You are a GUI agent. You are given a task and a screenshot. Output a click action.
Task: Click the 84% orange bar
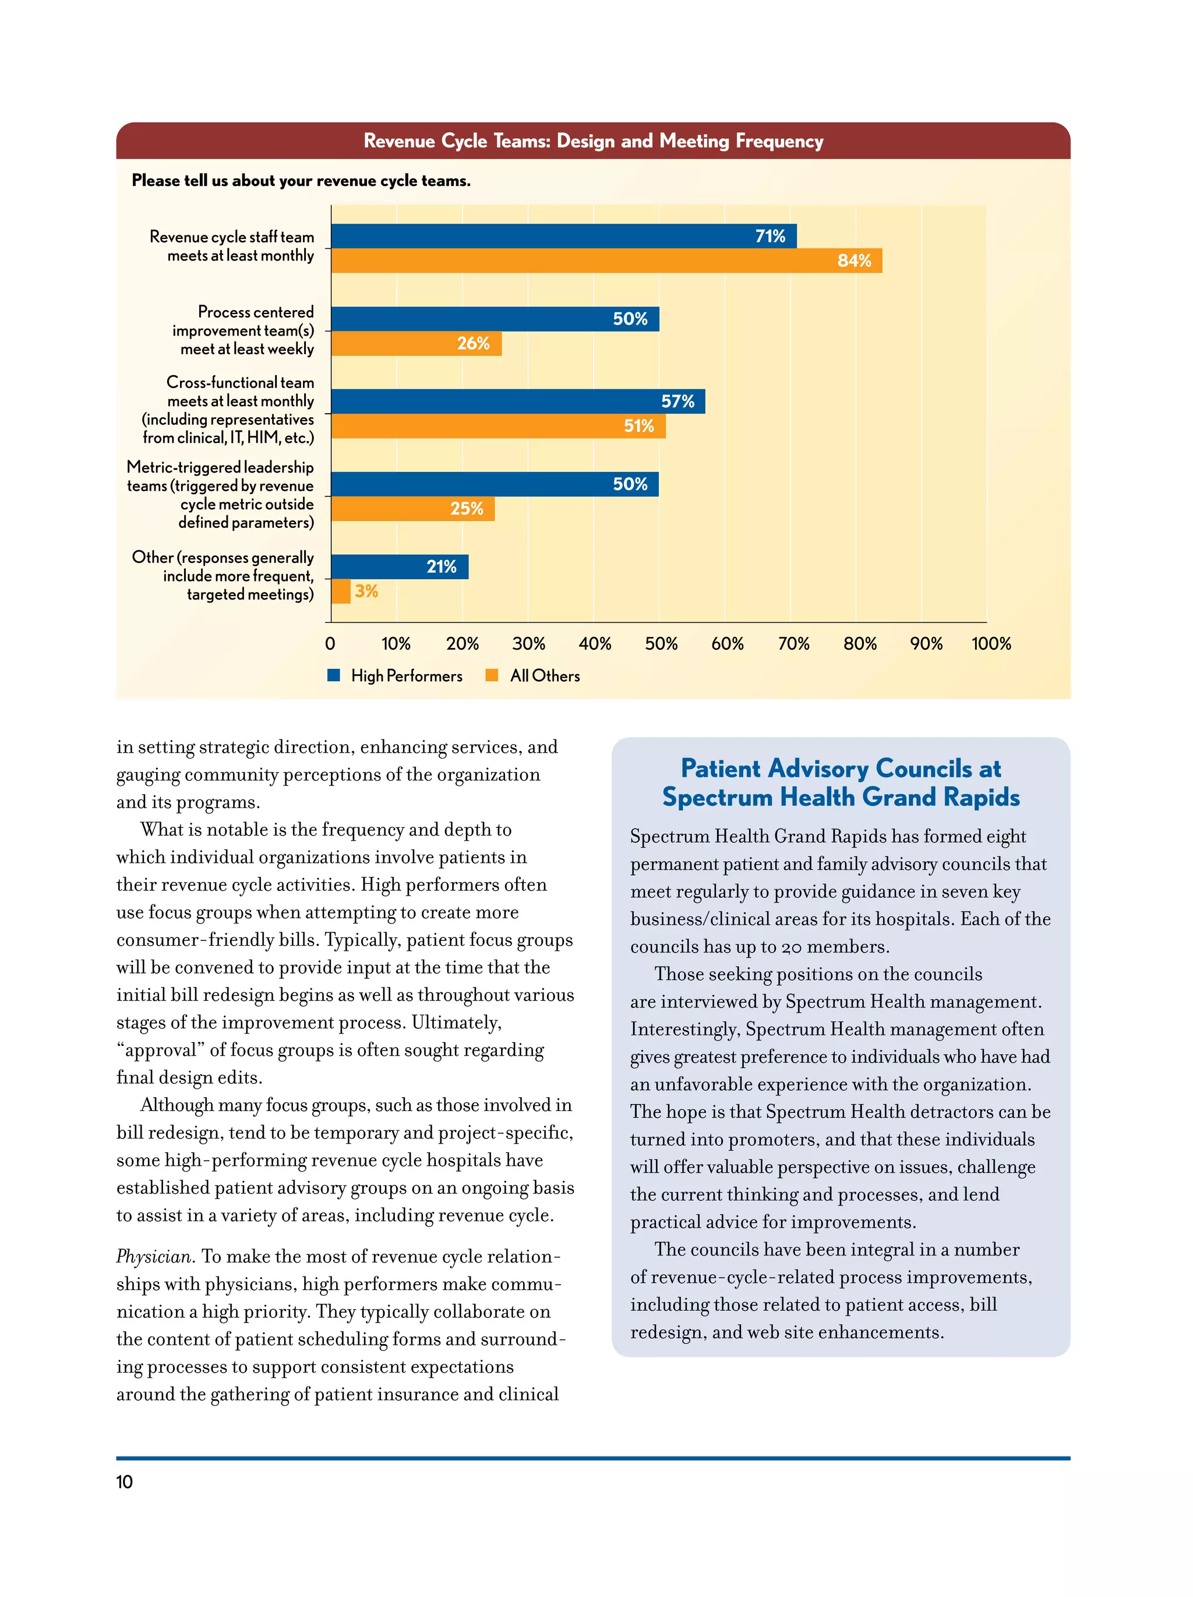pyautogui.click(x=606, y=260)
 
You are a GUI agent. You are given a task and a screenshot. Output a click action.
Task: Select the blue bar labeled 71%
pyautogui.click(x=563, y=236)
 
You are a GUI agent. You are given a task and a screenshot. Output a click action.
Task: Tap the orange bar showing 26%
pyautogui.click(x=417, y=344)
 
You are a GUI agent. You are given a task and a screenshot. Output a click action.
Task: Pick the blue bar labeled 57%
pyautogui.click(x=517, y=401)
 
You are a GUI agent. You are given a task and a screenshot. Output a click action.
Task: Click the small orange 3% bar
pyautogui.click(x=341, y=591)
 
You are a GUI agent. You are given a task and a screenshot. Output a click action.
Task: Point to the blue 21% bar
pyautogui.click(x=399, y=567)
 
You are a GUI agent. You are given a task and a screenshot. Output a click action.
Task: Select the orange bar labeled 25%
pyautogui.click(x=413, y=509)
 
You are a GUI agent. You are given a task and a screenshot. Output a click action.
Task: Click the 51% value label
pyautogui.click(x=638, y=426)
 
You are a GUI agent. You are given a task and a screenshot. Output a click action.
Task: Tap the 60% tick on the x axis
pyautogui.click(x=727, y=643)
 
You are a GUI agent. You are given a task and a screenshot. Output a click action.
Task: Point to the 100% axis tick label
pyautogui.click(x=990, y=643)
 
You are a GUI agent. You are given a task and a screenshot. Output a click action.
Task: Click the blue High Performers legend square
pyautogui.click(x=333, y=675)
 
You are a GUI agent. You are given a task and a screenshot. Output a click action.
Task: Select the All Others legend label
pyautogui.click(x=545, y=676)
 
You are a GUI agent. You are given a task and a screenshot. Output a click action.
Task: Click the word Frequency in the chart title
pyautogui.click(x=779, y=141)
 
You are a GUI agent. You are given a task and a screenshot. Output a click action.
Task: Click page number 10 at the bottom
pyautogui.click(x=124, y=1482)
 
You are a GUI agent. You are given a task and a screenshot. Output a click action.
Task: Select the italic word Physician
pyautogui.click(x=155, y=1257)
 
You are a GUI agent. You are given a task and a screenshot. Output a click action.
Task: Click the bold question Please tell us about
pyautogui.click(x=301, y=181)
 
